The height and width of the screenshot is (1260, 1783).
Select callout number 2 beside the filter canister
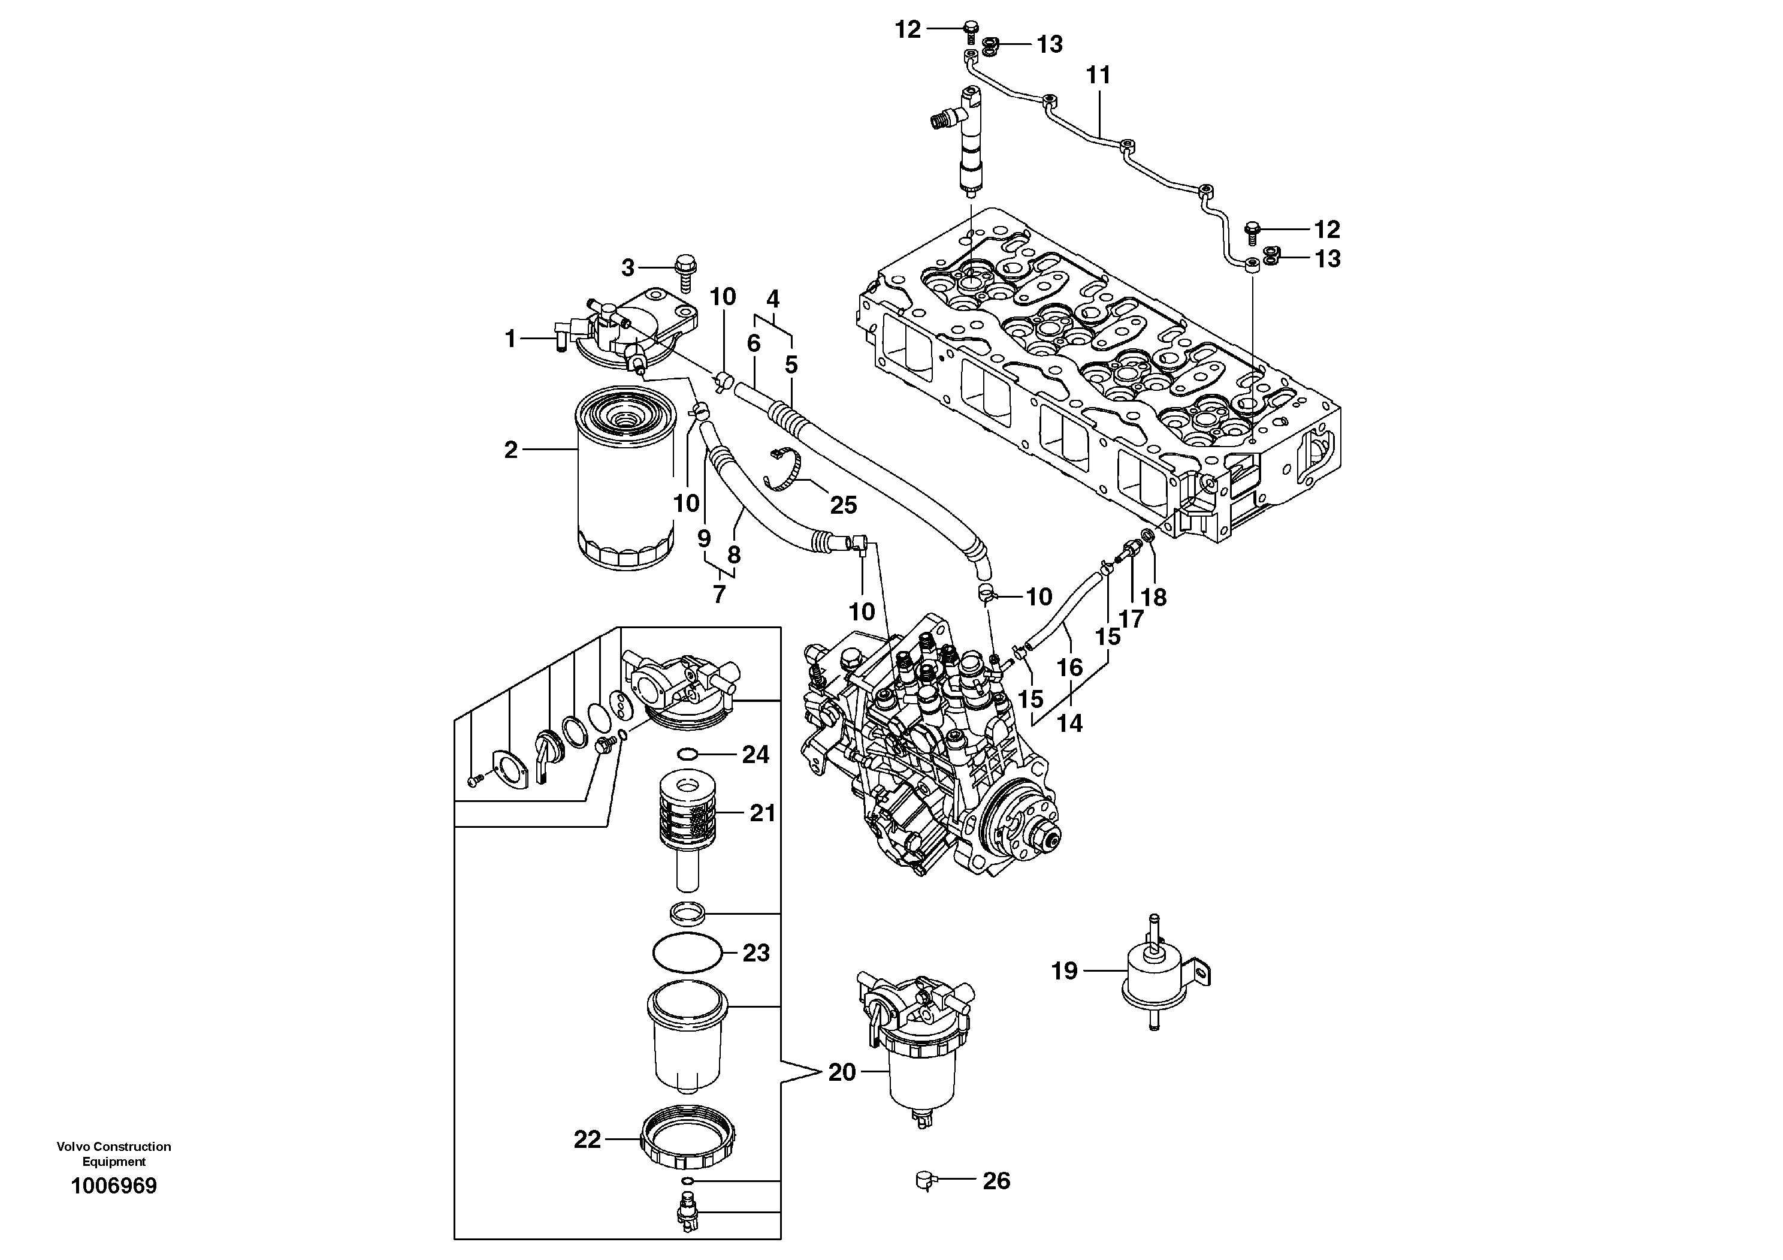(x=510, y=450)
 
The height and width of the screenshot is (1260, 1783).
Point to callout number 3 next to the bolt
(x=627, y=268)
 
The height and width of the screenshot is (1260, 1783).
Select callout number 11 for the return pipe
(x=1098, y=76)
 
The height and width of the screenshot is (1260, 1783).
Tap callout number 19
(x=1064, y=970)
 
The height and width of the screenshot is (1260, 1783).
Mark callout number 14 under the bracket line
(x=1069, y=724)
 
